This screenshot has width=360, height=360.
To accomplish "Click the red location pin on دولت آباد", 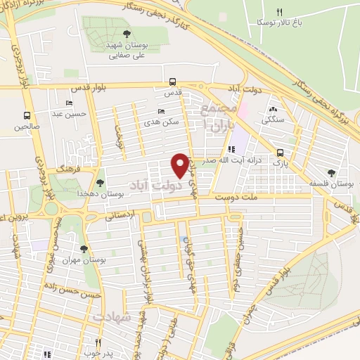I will tap(180, 165).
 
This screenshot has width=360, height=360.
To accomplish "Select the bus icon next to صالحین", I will tap(27, 115).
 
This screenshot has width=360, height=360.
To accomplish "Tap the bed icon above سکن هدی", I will tap(162, 111).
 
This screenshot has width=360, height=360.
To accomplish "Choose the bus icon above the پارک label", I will tap(281, 153).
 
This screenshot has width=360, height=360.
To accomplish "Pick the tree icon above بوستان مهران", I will tap(84, 250).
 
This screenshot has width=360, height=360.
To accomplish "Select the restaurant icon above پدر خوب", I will tap(98, 342).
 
